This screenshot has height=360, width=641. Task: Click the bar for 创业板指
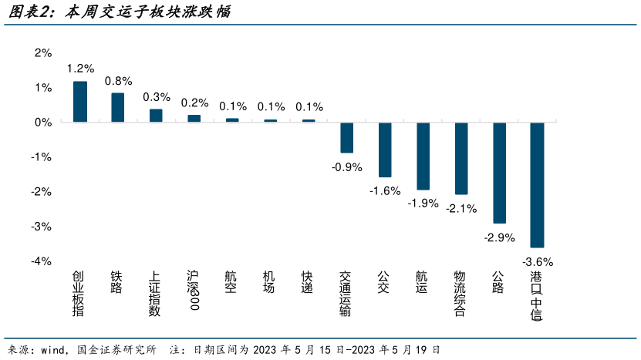tap(80, 102)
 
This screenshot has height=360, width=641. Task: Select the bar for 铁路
tap(118, 108)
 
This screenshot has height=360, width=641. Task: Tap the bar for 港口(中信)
tap(537, 184)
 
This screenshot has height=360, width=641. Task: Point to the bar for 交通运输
tap(346, 137)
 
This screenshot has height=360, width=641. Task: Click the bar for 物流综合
tap(461, 158)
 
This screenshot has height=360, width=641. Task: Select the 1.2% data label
tap(80, 69)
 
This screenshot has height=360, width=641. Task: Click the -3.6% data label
tap(538, 261)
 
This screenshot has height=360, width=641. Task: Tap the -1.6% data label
tap(385, 190)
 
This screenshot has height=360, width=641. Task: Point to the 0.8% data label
tap(118, 80)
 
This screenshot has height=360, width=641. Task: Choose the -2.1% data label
tap(461, 207)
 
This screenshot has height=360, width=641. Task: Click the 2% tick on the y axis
tap(42, 52)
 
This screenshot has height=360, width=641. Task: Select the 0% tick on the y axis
tap(42, 122)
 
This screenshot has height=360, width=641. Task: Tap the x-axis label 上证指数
tap(155, 294)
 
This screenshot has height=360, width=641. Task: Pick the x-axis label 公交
tap(384, 282)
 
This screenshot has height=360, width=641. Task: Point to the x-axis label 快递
tap(308, 282)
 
